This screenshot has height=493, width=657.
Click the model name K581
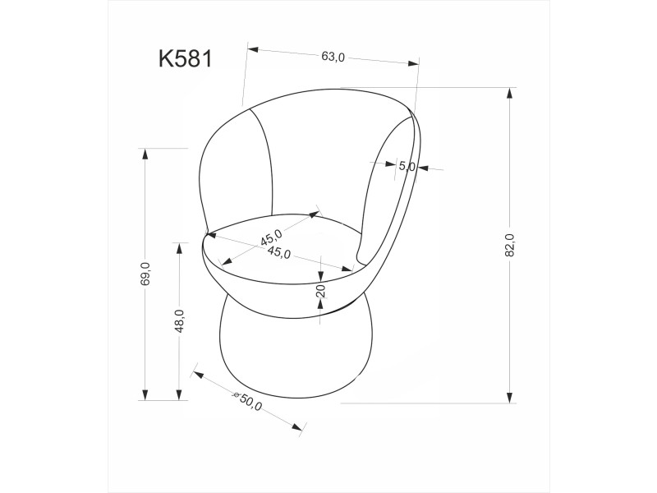pos(186,58)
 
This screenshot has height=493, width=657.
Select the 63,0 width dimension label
pos(333,57)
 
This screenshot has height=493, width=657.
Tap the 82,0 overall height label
pos(510,245)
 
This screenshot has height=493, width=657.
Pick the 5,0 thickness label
pos(407,166)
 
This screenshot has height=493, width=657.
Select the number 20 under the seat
pos(321,290)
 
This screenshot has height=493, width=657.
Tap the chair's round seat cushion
pos(283,246)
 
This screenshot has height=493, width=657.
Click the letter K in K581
pos(165,58)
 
